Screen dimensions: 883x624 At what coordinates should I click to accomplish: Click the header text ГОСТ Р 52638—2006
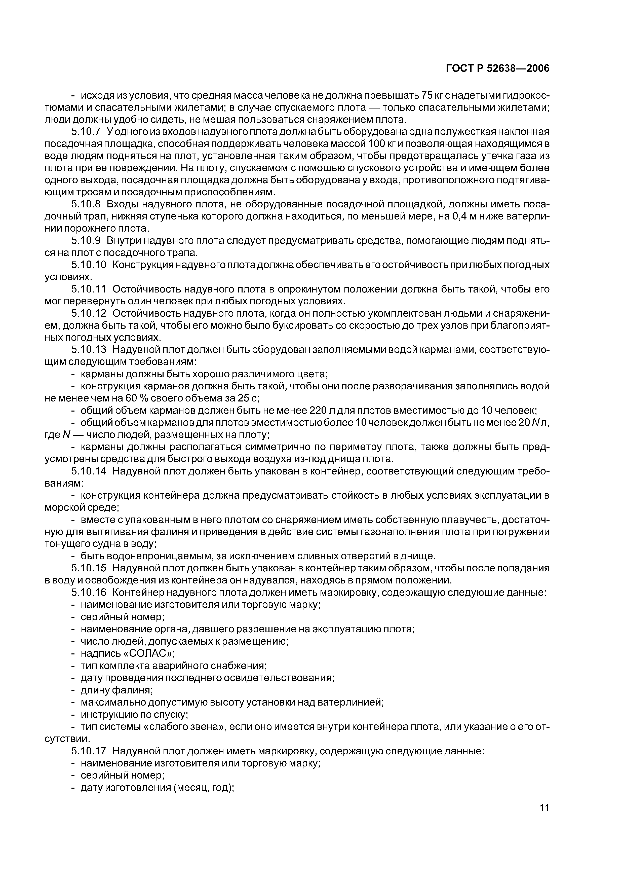pyautogui.click(x=497, y=68)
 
